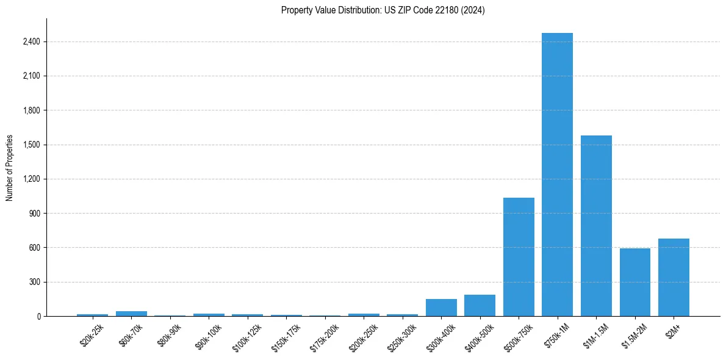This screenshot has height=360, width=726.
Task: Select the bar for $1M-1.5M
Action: (x=596, y=226)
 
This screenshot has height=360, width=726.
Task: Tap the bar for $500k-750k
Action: (x=519, y=257)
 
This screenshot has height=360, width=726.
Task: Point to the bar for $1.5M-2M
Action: (x=634, y=283)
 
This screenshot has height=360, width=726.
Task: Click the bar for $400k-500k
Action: (x=480, y=306)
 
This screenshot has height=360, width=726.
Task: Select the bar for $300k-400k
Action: (x=441, y=308)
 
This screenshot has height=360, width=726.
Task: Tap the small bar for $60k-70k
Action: (x=131, y=314)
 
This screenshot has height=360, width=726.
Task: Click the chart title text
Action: (x=383, y=10)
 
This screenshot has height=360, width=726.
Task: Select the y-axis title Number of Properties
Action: (x=10, y=167)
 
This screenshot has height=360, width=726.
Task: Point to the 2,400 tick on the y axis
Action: (x=31, y=41)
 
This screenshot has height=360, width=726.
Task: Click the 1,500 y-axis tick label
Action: (x=31, y=145)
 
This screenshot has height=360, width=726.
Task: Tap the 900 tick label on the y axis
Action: (x=34, y=214)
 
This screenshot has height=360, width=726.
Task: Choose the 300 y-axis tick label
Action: (x=34, y=282)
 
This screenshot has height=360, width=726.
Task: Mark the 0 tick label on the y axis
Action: (x=38, y=316)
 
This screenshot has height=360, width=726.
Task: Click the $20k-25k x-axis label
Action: (x=93, y=335)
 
